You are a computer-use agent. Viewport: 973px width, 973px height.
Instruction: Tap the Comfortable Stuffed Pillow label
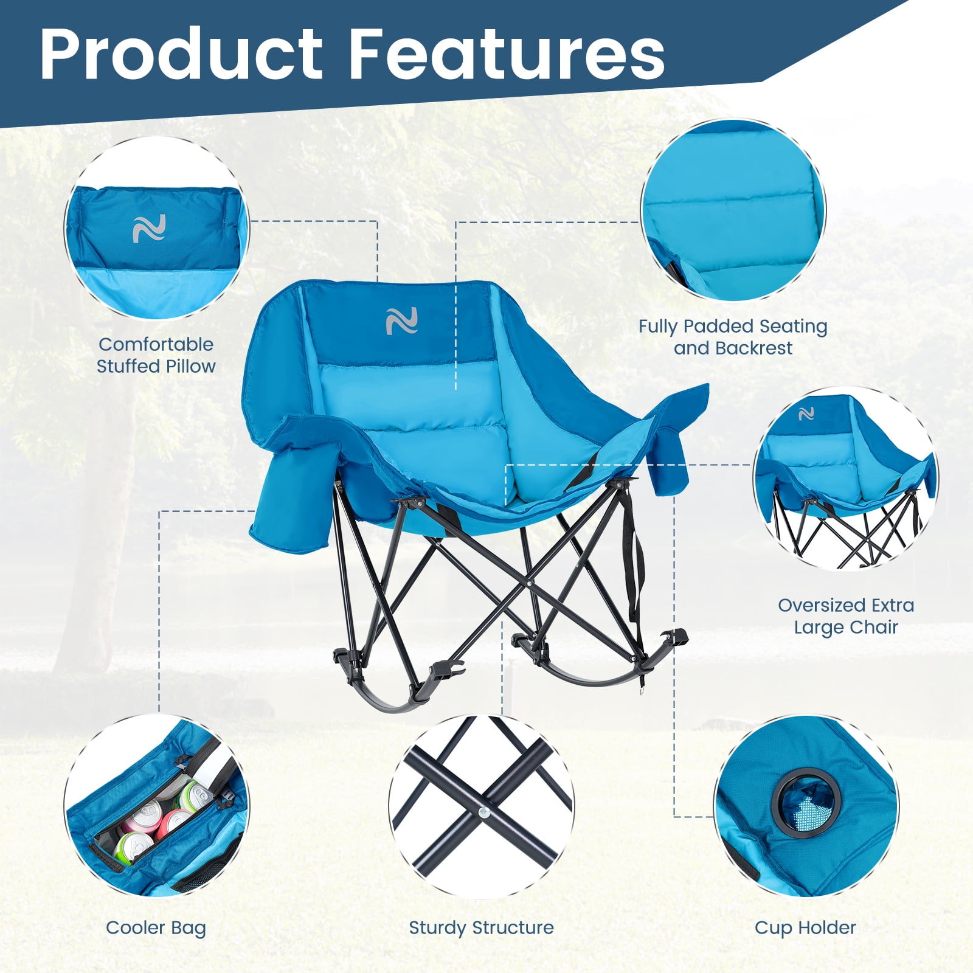[x=156, y=355]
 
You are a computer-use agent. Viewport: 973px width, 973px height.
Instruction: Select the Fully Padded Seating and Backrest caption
[x=733, y=337]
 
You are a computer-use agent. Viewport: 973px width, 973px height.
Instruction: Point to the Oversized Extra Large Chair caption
[x=846, y=616]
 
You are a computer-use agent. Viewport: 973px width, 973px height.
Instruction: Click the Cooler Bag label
[x=156, y=928]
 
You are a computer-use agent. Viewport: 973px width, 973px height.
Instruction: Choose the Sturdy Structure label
[x=481, y=927]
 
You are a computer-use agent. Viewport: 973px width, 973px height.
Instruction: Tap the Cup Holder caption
[x=805, y=927]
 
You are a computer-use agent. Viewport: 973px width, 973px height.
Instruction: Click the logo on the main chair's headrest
[x=402, y=321]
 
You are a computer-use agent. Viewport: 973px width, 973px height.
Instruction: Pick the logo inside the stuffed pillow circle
[x=149, y=229]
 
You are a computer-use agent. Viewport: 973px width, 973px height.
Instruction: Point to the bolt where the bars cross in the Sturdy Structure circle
[x=482, y=811]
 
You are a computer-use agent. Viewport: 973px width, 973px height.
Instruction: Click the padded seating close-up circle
[x=733, y=210]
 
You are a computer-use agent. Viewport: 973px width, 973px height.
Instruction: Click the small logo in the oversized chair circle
[x=806, y=414]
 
